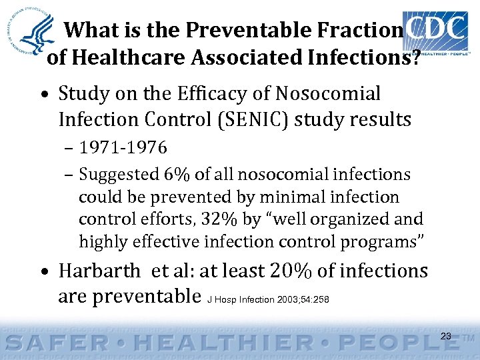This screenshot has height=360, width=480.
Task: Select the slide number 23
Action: [x=446, y=336]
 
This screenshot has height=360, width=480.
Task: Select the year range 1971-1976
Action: [x=123, y=147]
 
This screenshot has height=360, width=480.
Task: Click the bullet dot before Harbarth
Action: [x=43, y=273]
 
